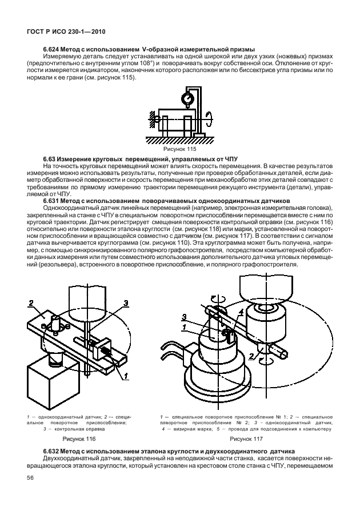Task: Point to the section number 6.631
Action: point(54,200)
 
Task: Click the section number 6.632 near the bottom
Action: point(54,451)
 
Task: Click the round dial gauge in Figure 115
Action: point(186,99)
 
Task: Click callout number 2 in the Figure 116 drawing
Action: point(33,303)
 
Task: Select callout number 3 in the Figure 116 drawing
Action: point(126,303)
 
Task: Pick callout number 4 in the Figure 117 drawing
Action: point(242,312)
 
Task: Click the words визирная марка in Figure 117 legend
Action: point(188,427)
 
